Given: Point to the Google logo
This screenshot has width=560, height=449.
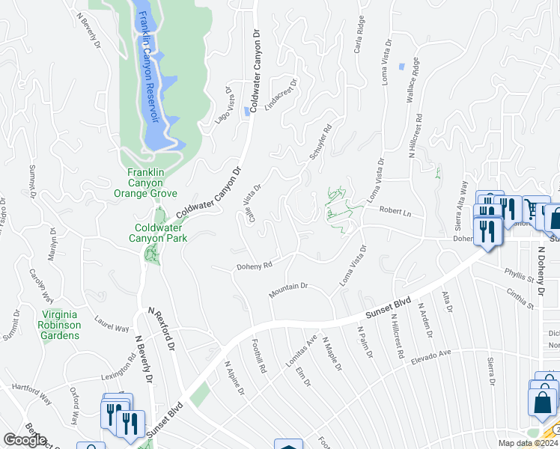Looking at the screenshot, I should pos(25,439).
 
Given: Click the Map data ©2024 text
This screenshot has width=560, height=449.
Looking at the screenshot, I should pos(527,443).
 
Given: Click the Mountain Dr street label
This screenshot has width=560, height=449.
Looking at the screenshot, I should pos(289,286).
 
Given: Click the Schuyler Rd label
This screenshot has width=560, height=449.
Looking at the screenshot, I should pos(320,140).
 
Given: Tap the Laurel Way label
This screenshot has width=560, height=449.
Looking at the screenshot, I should pos(112,323).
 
